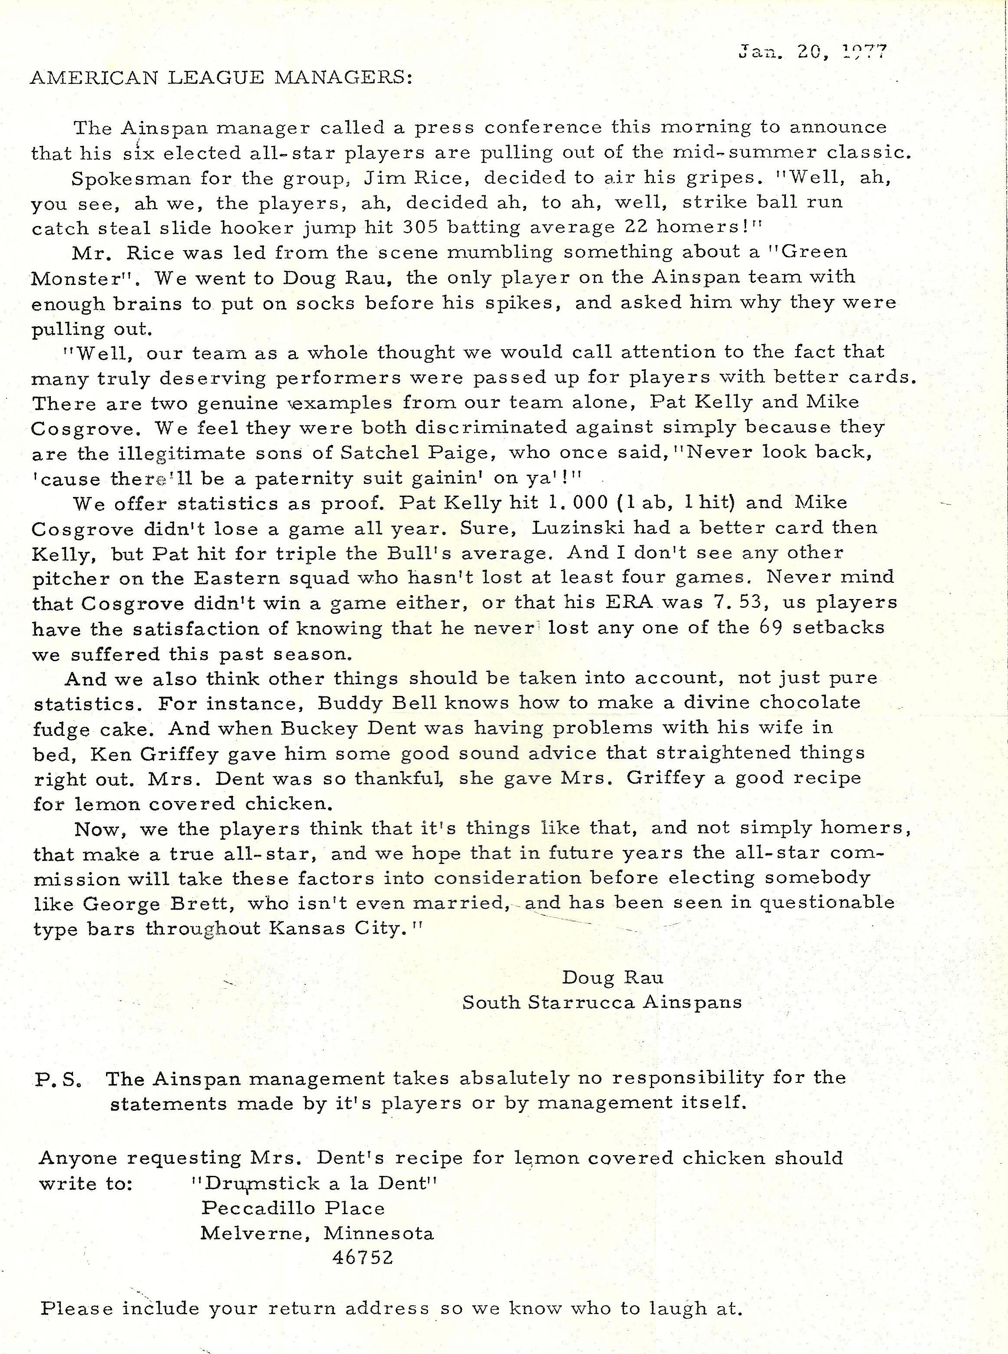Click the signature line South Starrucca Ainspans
[602, 1002]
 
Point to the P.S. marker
[59, 1078]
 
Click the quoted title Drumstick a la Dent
[315, 1183]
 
